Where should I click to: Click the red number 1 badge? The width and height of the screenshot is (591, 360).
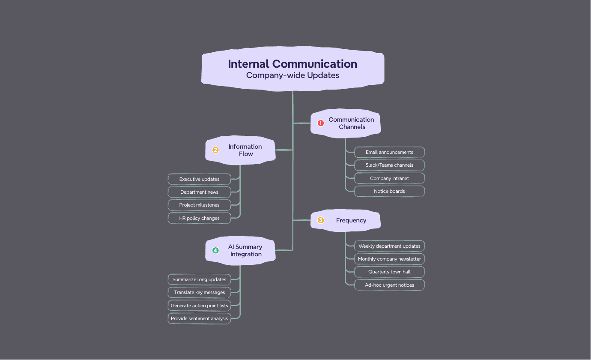pos(321,123)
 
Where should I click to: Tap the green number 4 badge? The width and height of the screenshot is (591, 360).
pos(215,250)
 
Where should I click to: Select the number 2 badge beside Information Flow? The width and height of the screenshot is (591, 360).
pos(215,150)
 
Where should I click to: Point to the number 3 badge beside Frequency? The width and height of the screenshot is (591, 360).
pos(321,220)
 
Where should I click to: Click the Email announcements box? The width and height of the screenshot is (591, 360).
pos(389,152)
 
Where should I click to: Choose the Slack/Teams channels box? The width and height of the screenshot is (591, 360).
pos(389,165)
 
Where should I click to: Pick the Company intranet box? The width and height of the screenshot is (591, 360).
pos(389,178)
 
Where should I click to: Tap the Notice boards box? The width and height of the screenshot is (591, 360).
pos(389,191)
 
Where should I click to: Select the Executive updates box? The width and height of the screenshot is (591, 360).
pos(199,179)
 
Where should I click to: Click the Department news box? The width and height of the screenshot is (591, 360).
pos(199,192)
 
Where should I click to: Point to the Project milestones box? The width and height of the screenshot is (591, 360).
pos(199,205)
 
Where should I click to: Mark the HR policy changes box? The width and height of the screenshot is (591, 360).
pos(199,218)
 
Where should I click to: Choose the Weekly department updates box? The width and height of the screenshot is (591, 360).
pos(389,246)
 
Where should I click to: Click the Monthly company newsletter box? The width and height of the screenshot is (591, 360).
pos(389,259)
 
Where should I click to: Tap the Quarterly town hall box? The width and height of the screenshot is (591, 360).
pos(389,272)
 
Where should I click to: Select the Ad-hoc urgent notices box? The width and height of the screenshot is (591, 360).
pos(389,285)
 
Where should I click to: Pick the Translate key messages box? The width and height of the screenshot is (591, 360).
pos(199,292)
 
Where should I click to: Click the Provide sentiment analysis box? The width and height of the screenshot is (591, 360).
pos(199,318)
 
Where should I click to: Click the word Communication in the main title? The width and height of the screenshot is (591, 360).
pos(315,64)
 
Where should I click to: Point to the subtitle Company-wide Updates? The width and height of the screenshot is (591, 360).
pos(293,75)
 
